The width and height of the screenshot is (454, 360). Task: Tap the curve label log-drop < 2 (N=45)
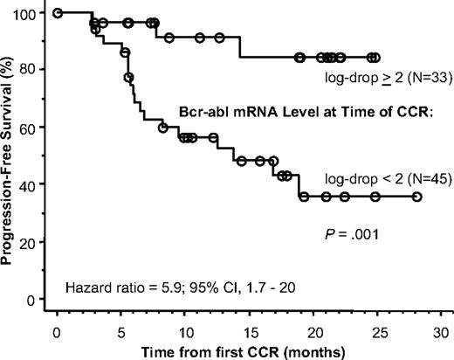376,178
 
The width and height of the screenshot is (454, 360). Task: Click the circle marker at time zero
57,13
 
